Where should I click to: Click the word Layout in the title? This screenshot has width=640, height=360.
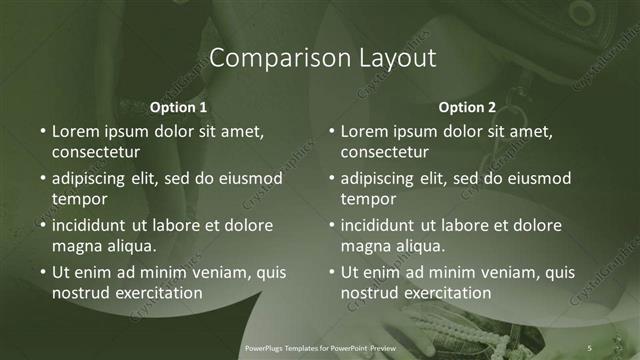tap(398, 58)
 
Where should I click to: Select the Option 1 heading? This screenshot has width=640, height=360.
tap(178, 107)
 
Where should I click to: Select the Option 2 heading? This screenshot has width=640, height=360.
tap(467, 107)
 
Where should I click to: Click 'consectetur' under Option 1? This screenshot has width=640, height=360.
tap(96, 153)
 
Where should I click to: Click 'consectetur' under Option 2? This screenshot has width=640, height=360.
tap(385, 153)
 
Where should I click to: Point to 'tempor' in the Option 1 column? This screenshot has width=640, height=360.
tap(78, 200)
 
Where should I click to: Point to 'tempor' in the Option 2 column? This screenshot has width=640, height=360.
tap(367, 200)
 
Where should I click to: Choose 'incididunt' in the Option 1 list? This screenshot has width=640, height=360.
tap(95, 225)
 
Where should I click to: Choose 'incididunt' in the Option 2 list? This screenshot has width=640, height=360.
tap(384, 225)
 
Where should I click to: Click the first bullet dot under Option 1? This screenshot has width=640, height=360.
tap(42, 131)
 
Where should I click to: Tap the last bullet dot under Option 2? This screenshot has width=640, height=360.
tap(331, 272)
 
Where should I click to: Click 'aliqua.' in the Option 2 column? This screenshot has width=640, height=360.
tap(418, 246)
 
